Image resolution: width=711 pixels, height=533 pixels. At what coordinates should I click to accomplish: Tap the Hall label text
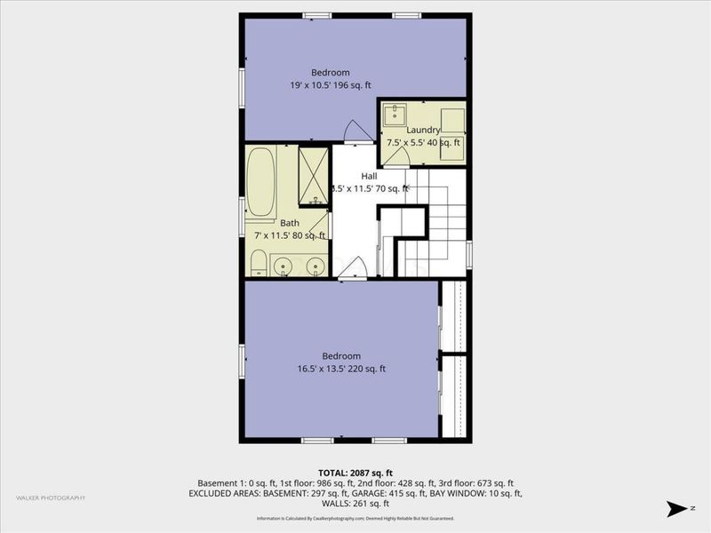click(x=369, y=176)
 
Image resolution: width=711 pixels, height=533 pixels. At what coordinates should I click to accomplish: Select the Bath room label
click(x=290, y=223)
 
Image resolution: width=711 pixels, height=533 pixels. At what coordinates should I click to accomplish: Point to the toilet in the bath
click(x=258, y=264)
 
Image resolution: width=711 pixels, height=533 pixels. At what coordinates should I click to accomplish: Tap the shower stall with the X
click(x=314, y=177)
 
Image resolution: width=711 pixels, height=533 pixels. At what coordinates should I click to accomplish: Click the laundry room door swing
click(x=396, y=155)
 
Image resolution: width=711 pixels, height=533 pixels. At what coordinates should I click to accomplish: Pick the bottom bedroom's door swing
click(x=354, y=269)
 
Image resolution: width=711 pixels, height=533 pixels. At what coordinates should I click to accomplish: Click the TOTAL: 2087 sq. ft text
click(x=355, y=471)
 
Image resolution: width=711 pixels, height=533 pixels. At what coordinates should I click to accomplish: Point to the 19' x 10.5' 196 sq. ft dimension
click(x=331, y=85)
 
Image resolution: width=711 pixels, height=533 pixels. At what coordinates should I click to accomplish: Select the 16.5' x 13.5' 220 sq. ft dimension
click(x=342, y=369)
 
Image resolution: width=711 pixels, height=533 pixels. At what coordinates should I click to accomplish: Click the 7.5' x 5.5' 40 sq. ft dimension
click(x=423, y=142)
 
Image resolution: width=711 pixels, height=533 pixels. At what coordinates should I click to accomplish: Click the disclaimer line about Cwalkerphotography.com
click(x=355, y=518)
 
